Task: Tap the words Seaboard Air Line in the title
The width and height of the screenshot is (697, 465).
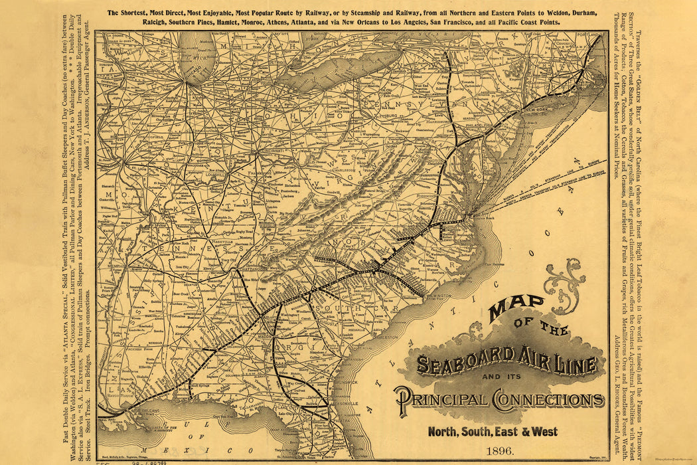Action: click(507, 363)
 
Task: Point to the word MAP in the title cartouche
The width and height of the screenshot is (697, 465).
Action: click(517, 309)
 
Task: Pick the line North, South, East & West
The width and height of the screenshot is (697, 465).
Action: click(493, 431)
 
